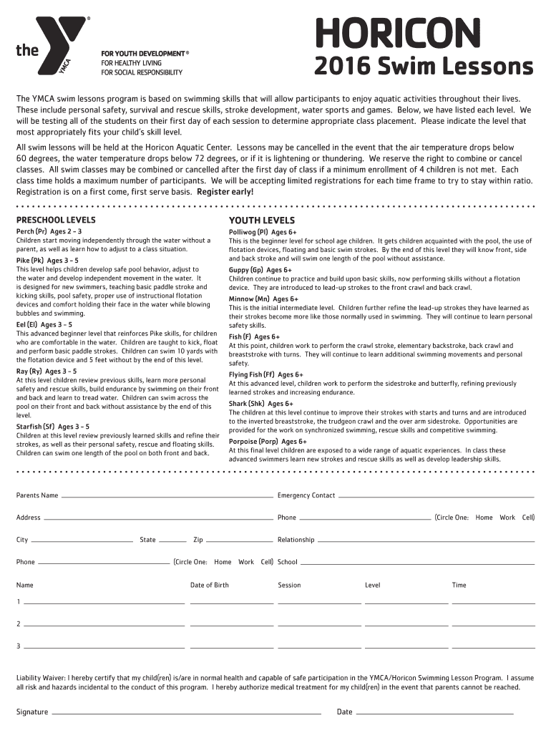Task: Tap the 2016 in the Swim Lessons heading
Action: (342, 67)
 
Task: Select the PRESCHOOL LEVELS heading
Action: (56, 220)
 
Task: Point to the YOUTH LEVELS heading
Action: (261, 220)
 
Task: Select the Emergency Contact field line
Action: (437, 496)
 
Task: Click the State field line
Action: (172, 540)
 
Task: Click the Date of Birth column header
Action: (210, 585)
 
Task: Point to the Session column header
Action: (289, 585)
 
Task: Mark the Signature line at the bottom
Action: (186, 713)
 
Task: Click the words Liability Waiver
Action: (41, 677)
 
